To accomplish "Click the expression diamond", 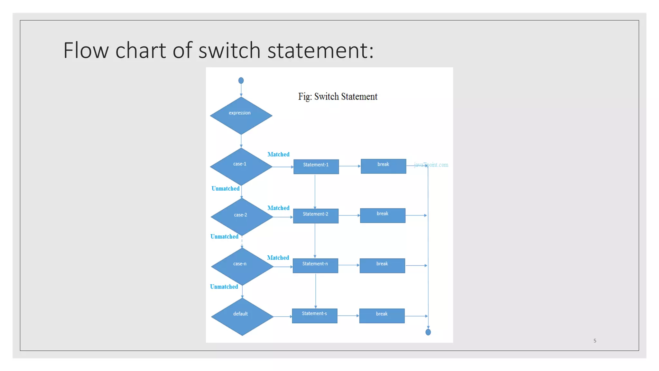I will [241, 116].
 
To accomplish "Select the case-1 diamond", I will [241, 166].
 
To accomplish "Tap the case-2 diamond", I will [242, 217].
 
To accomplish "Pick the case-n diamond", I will [242, 266].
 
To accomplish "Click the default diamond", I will [242, 317].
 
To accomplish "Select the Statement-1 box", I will [316, 166].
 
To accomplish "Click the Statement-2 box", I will [316, 216].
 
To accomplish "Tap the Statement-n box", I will [315, 266].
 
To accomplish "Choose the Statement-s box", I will [315, 316].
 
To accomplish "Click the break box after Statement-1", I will [383, 166].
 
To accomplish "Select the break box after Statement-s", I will [382, 316].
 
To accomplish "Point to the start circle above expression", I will [241, 81].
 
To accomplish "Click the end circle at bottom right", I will [428, 332].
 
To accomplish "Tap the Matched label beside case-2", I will [278, 208].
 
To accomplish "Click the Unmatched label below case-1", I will [225, 188].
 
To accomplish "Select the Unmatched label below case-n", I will [224, 287].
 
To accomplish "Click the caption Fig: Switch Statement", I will [338, 97].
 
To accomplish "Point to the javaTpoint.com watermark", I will [431, 165].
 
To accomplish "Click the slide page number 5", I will [595, 341].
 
